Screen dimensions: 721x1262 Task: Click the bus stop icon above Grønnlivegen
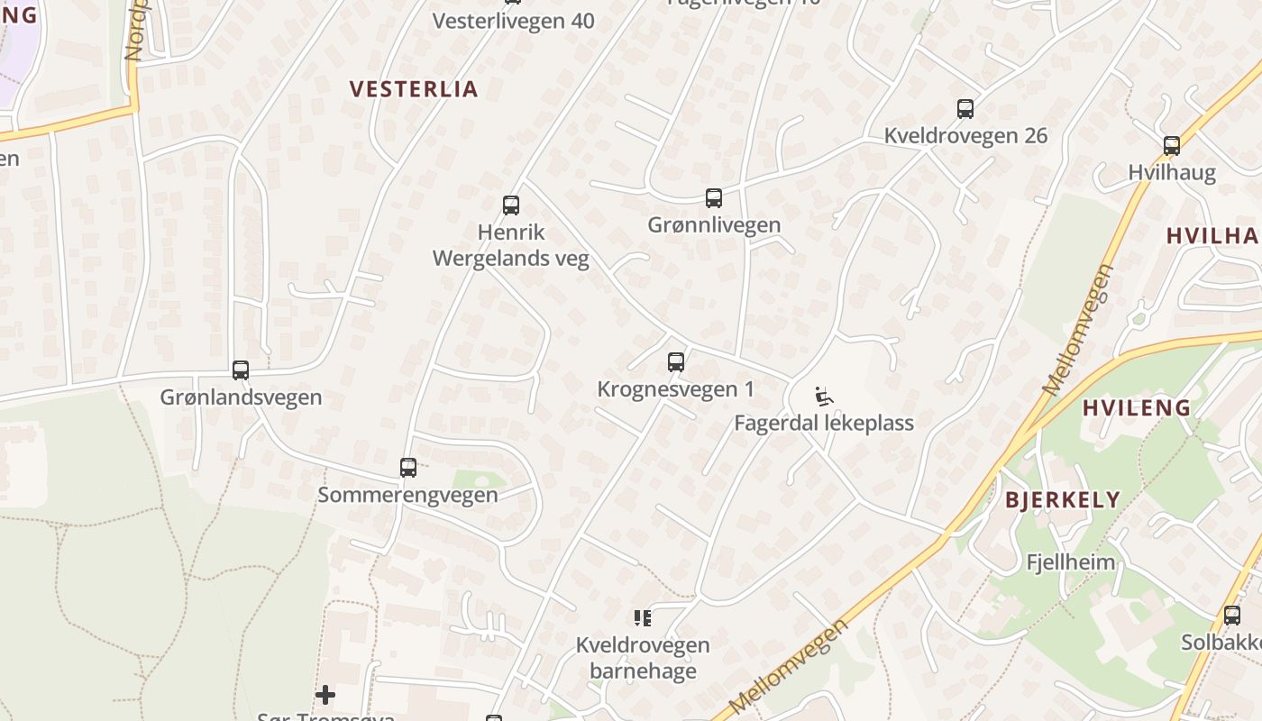point(714,198)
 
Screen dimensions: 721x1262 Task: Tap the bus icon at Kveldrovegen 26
point(965,109)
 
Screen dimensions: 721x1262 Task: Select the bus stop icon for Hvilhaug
point(1172,145)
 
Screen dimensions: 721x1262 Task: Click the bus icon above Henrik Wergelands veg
point(511,205)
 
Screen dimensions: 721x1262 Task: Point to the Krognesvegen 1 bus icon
point(676,362)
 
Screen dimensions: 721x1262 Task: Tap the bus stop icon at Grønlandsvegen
point(241,370)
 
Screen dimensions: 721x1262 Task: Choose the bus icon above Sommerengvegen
point(408,468)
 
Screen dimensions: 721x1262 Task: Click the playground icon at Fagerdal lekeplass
point(824,396)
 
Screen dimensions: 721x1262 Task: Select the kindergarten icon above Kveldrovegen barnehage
point(643,618)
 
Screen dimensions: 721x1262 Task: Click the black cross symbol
point(325,695)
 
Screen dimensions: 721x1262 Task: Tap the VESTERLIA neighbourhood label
point(414,89)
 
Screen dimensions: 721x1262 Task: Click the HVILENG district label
point(1137,407)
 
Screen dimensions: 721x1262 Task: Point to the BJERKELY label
point(1063,500)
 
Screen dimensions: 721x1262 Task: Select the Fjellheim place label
point(1071,562)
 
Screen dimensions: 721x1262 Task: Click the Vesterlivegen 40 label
point(514,21)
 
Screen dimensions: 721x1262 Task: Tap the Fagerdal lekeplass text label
point(824,423)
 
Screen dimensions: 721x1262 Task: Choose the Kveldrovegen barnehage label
point(643,658)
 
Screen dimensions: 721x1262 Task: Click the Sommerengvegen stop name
point(407,495)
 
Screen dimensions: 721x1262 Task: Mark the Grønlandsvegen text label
point(241,397)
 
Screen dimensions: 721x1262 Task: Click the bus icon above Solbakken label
point(1232,616)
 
